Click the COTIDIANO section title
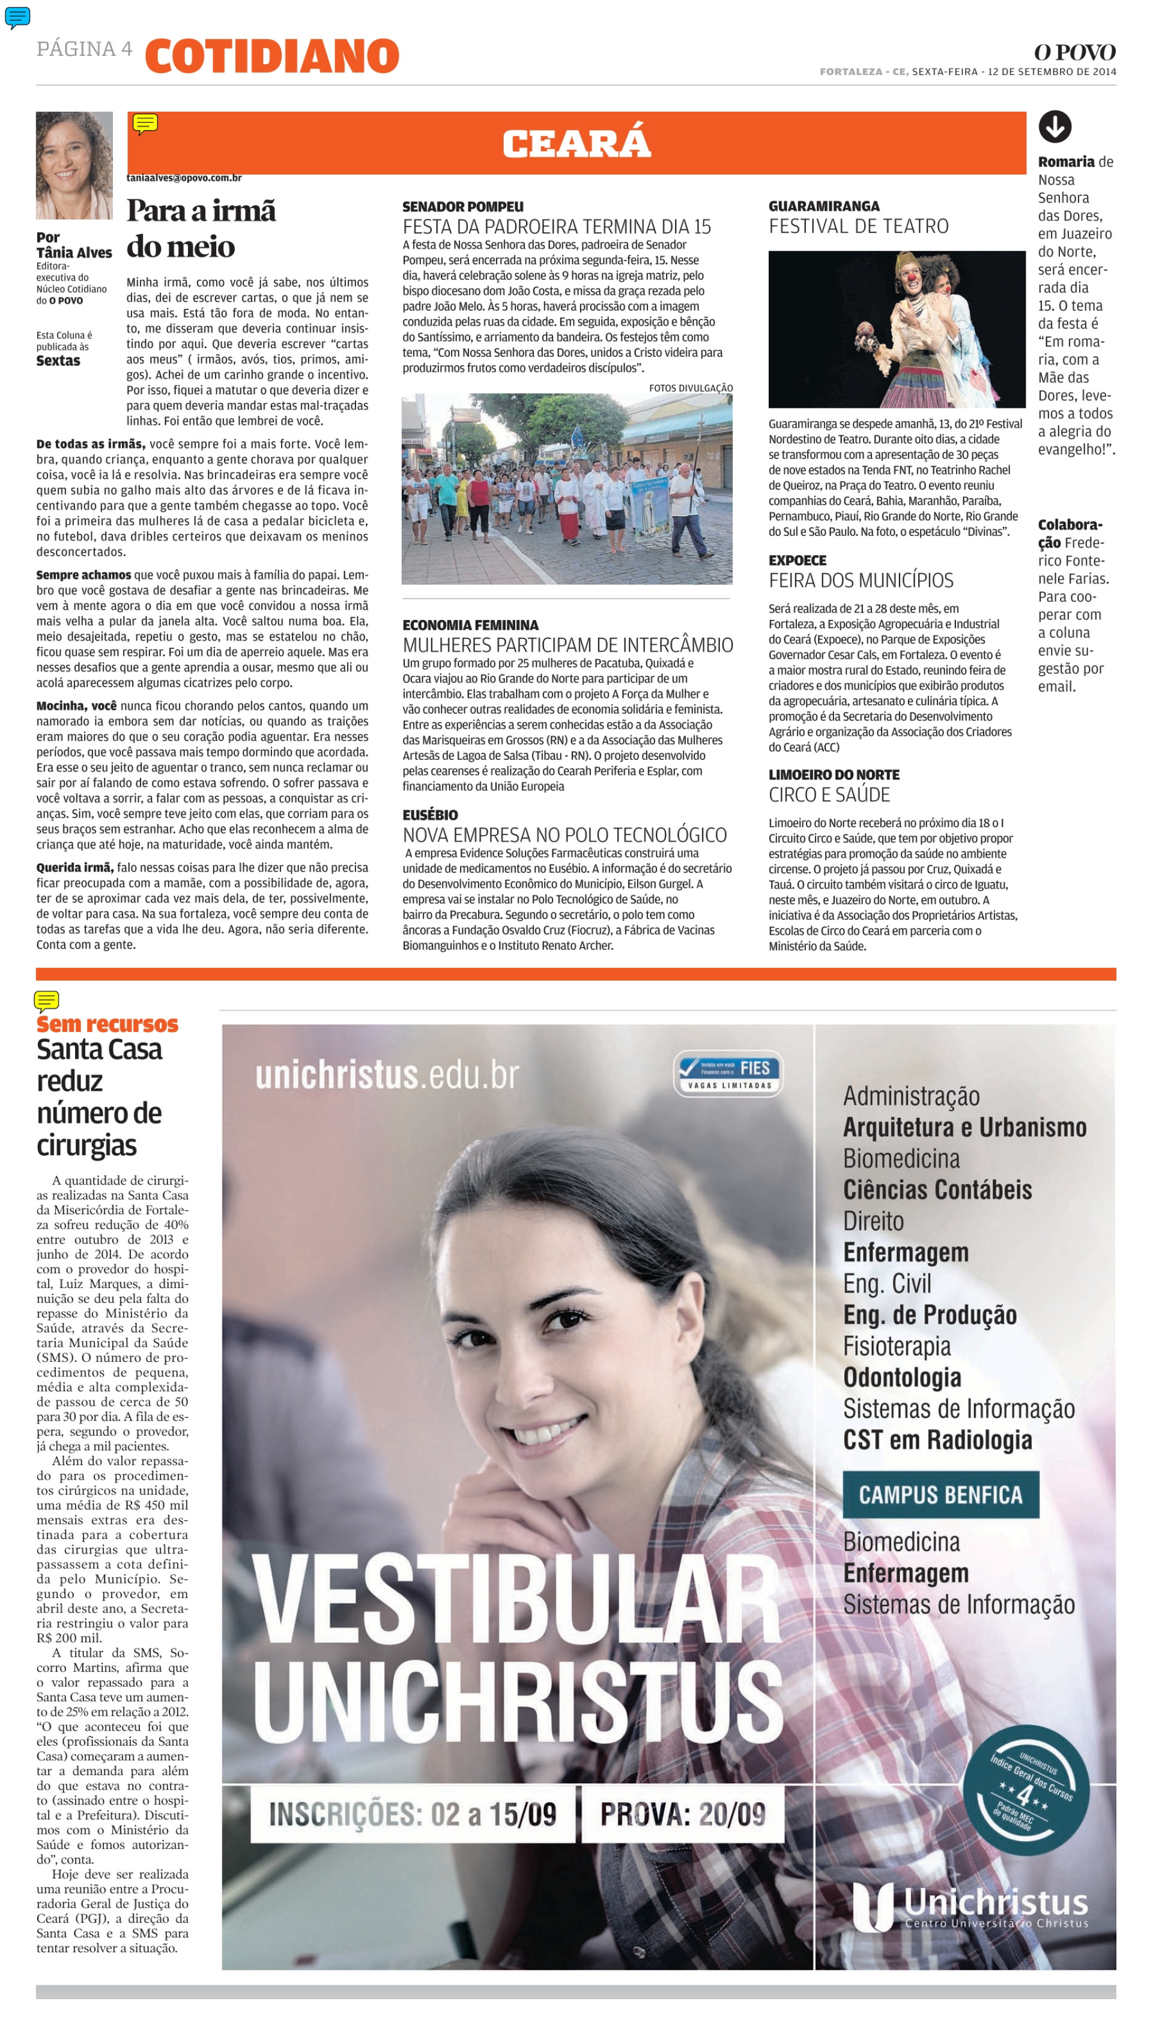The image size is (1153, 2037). click(x=271, y=56)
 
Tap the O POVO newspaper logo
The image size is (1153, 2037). click(x=1074, y=52)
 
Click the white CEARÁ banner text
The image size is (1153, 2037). click(x=576, y=144)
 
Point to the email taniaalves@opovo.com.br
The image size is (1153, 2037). click(x=184, y=178)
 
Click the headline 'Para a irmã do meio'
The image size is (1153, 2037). click(x=201, y=229)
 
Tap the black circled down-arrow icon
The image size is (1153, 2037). click(x=1055, y=127)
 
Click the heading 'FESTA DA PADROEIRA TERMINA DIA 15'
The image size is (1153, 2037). click(x=557, y=226)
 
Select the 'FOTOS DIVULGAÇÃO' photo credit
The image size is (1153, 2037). click(x=691, y=388)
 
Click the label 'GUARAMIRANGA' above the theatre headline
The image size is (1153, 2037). click(x=823, y=206)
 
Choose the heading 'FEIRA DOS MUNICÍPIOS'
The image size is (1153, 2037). click(x=861, y=580)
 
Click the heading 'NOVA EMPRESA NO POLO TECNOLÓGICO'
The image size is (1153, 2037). click(x=564, y=835)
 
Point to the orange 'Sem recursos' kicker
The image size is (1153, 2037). click(x=107, y=1024)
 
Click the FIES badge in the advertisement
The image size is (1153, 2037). click(x=728, y=1073)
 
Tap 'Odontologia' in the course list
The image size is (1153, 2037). click(x=902, y=1377)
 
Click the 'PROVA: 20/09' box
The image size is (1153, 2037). click(x=683, y=1814)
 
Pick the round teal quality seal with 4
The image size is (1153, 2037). click(x=1030, y=1790)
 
